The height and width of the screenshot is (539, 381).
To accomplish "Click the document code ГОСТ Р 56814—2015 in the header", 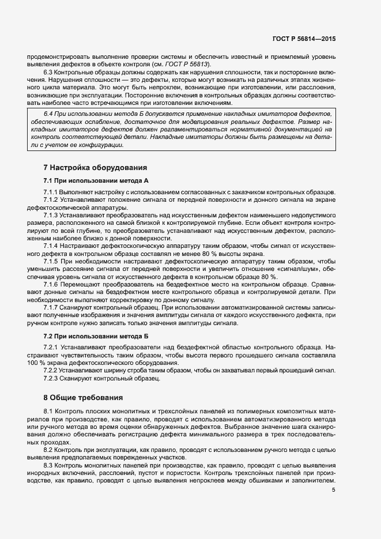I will tap(304, 39).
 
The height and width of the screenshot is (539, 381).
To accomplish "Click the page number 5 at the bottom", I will tap(334, 490).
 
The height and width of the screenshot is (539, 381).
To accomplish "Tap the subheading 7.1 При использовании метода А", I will tap(96, 181).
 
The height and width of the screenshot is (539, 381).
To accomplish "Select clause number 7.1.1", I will tap(51, 192).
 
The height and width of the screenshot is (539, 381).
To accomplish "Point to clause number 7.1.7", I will tap(51, 307).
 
